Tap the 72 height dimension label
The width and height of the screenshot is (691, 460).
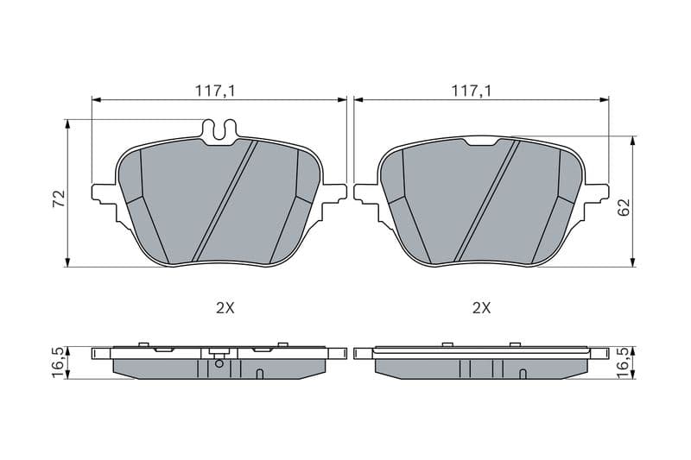point(59,198)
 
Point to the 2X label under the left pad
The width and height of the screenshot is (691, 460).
point(224,308)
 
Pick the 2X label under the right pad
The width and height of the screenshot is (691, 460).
point(481,308)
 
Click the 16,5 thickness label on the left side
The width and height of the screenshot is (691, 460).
point(59,361)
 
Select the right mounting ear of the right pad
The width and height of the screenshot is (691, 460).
point(598,192)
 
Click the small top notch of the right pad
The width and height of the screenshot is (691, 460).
point(481,142)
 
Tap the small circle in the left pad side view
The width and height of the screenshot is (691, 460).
point(219,363)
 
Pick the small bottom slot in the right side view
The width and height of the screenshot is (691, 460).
point(523,374)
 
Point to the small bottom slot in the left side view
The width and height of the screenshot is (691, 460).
point(260,374)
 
